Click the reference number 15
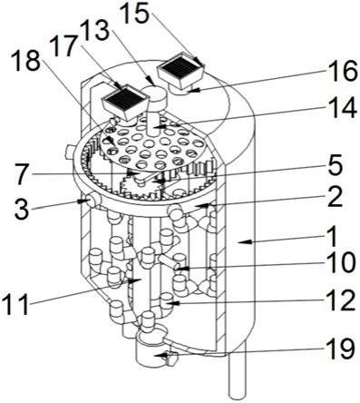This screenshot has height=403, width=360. click(134, 13)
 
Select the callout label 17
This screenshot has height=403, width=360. click(64, 46)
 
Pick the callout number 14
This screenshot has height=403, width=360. click(342, 108)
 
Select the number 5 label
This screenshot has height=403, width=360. click(335, 165)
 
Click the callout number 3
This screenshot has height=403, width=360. click(22, 209)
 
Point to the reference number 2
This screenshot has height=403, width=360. click(335, 197)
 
